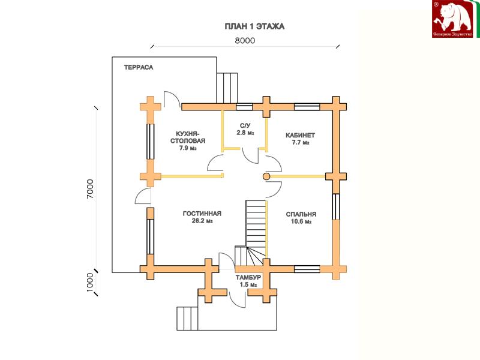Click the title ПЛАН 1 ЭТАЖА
[254, 26]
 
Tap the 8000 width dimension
[245, 40]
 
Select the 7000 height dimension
[90, 189]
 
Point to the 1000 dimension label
[90, 282]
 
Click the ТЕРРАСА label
[139, 67]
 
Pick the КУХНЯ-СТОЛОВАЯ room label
[188, 137]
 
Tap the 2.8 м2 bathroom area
[245, 133]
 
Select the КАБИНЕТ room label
[301, 136]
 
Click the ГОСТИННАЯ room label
[202, 214]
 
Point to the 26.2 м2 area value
[202, 221]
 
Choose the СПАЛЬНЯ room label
[301, 214]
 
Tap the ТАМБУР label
[248, 278]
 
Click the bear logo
[452, 19]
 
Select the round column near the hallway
[266, 176]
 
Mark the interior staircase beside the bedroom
[251, 233]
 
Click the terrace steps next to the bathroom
[227, 88]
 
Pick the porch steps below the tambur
[187, 319]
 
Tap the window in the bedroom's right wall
[336, 206]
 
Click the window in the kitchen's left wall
[151, 142]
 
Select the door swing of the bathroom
[250, 156]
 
